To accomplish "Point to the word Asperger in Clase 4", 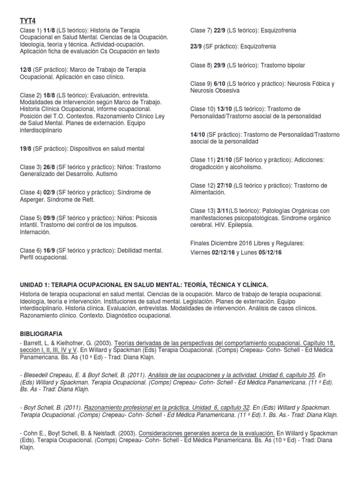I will (x=33, y=199).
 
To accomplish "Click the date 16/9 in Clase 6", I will (x=50, y=250).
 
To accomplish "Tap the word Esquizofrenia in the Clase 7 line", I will (x=277, y=30).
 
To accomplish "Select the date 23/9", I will (x=196, y=46).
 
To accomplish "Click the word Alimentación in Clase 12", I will (x=208, y=192).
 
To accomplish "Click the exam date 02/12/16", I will (x=223, y=252).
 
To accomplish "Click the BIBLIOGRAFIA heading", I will (x=41, y=333).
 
